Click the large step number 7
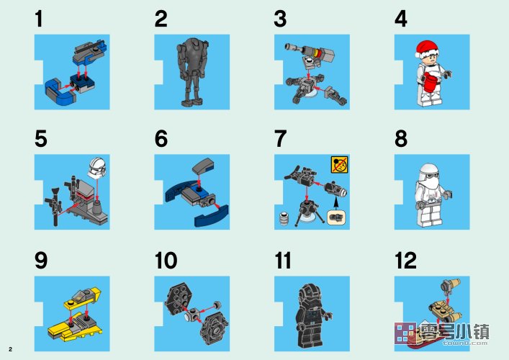click(280, 139)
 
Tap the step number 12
click(406, 261)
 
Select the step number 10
click(166, 261)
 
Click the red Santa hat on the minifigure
click(426, 49)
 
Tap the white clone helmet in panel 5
click(97, 167)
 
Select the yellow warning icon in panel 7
click(340, 164)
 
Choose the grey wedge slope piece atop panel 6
click(203, 166)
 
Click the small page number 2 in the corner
click(10, 349)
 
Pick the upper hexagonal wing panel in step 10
click(179, 298)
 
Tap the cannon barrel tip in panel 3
click(287, 47)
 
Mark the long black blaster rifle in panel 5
click(55, 207)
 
